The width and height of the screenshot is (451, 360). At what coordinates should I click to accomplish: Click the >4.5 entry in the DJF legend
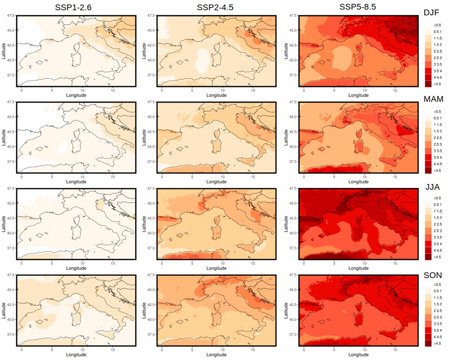coord(432,84)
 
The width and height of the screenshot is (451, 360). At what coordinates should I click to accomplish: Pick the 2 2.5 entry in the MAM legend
coord(432,137)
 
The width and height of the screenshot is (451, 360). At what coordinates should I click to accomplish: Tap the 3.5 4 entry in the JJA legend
coord(432,243)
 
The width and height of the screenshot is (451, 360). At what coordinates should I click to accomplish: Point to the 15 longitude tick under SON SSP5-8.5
coord(395,349)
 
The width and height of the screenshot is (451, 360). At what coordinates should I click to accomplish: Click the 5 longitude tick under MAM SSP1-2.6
coord(52,176)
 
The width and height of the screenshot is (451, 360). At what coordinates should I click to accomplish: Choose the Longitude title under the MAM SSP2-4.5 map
coord(216,182)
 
